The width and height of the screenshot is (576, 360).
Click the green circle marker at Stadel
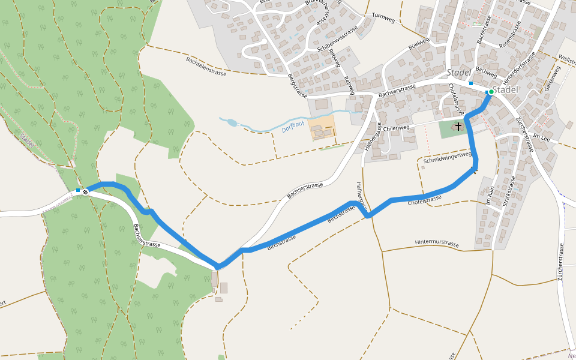(491, 92)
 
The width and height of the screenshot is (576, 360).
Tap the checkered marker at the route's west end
(86, 191)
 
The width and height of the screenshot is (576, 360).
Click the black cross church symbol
(459, 127)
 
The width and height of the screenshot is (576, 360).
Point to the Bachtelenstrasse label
(206, 66)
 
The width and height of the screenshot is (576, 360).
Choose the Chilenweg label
(396, 128)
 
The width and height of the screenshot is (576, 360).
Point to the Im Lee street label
(541, 137)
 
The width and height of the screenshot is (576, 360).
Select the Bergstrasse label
(297, 86)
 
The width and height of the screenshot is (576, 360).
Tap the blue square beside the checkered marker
(78, 190)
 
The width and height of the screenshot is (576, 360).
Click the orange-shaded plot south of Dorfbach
(323, 127)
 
